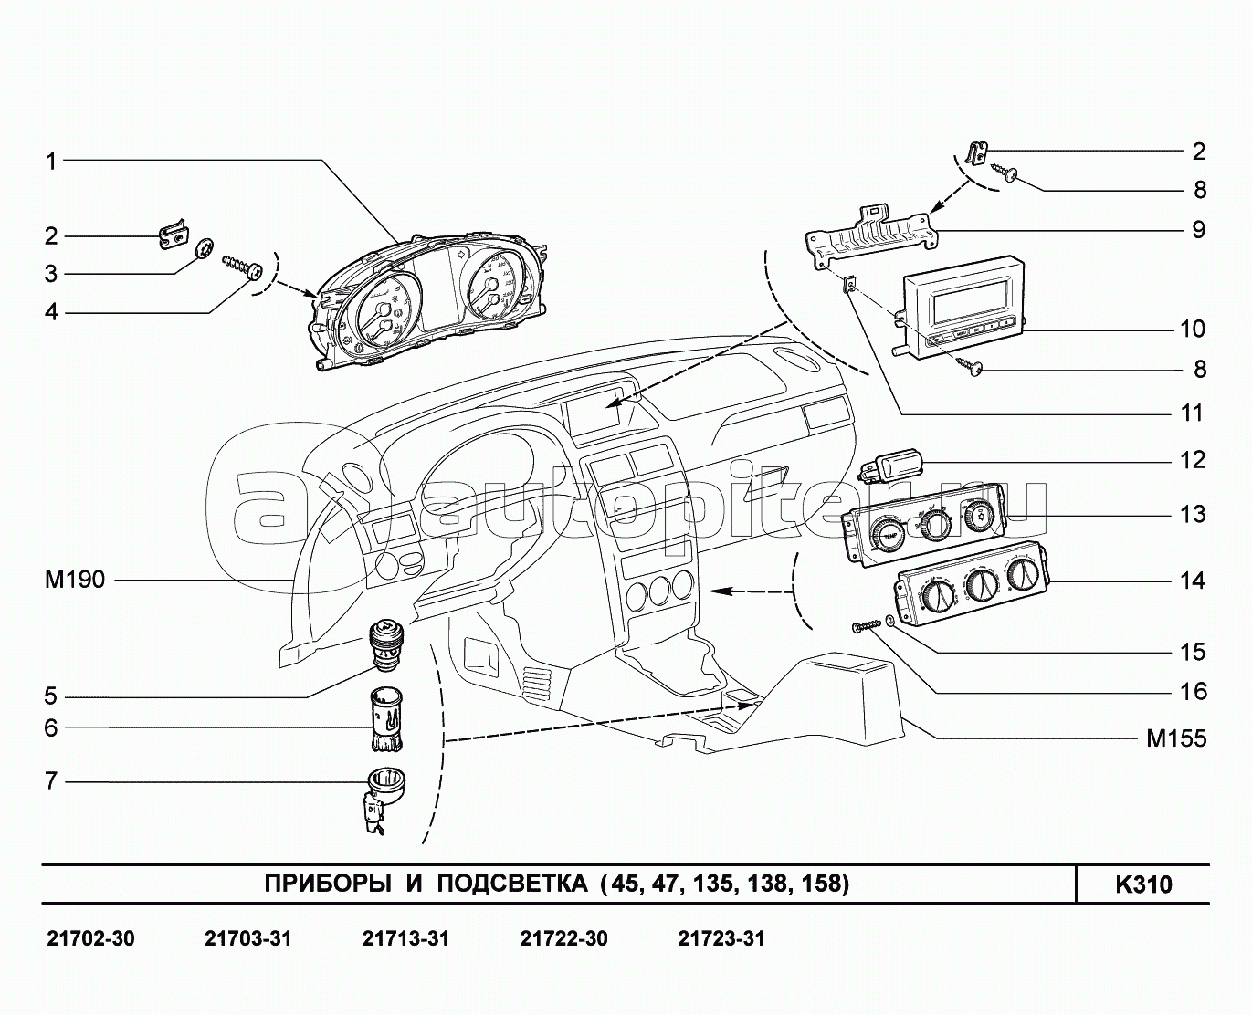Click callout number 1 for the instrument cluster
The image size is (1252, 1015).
click(51, 162)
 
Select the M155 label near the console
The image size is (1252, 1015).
click(1176, 738)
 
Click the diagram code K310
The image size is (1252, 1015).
click(1142, 885)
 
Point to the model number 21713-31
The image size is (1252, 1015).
click(405, 938)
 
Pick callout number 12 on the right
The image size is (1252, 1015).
click(1193, 459)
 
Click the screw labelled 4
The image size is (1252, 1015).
click(243, 268)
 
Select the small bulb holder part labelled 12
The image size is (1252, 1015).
click(892, 465)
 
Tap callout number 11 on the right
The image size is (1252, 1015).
click(1192, 413)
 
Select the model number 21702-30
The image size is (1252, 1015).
click(89, 938)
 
